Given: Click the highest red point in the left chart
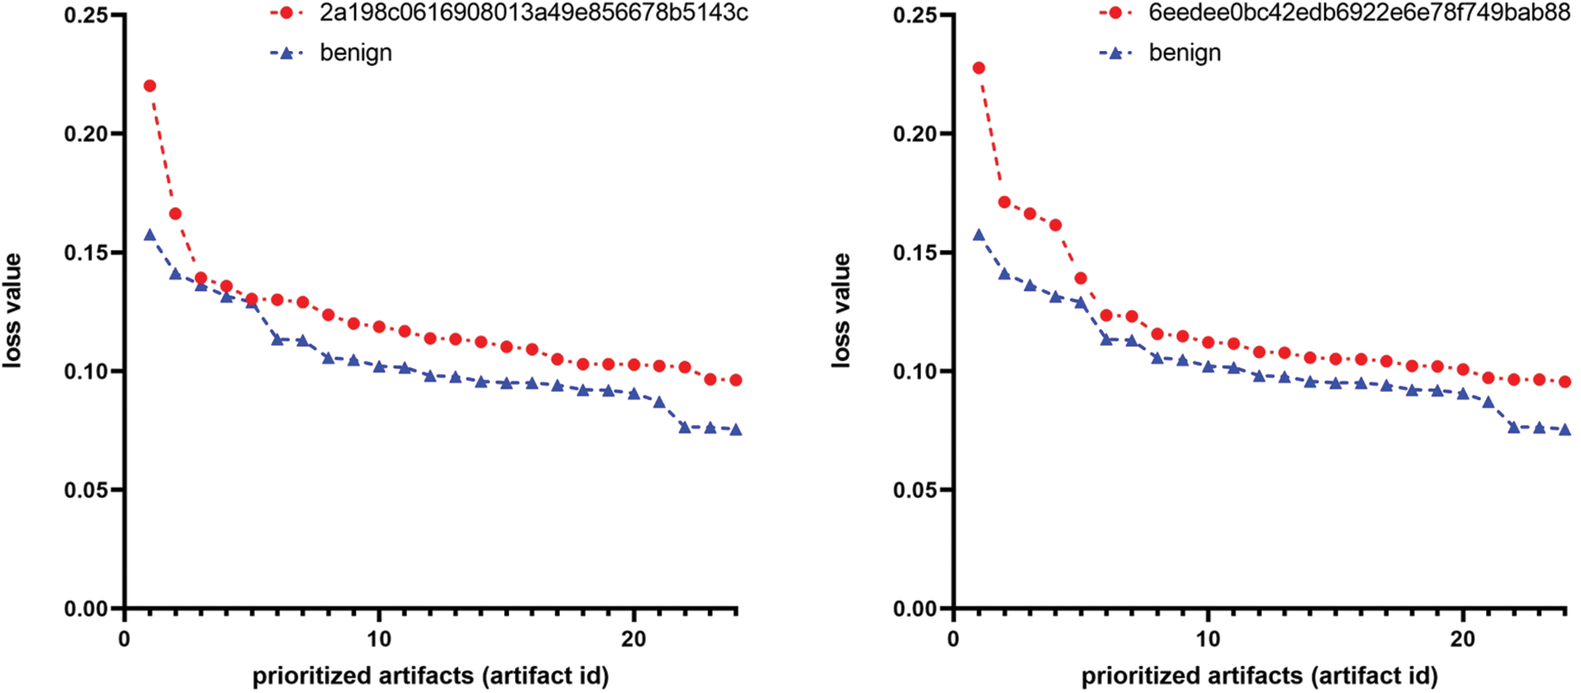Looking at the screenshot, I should (x=150, y=86).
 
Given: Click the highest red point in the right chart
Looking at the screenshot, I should (x=978, y=68).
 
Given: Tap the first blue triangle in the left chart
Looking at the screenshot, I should (x=150, y=234).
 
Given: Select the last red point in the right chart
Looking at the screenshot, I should (x=1564, y=382).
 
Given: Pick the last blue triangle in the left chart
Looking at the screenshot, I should (x=736, y=429).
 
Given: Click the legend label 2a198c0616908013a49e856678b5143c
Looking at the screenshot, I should (x=533, y=13).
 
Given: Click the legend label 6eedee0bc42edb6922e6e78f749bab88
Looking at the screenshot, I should (x=1359, y=13).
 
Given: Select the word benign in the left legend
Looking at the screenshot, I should (x=356, y=53).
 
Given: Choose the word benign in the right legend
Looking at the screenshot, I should (x=1184, y=53).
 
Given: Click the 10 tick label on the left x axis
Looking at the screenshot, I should (x=379, y=640).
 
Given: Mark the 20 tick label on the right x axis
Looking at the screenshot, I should (x=1463, y=640).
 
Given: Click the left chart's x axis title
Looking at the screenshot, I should (x=431, y=675).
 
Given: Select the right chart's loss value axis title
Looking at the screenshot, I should (x=842, y=310).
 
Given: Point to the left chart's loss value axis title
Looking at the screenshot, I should (x=13, y=310).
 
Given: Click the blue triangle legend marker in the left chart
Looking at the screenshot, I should (x=287, y=53).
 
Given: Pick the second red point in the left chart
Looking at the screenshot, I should (x=175, y=214).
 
